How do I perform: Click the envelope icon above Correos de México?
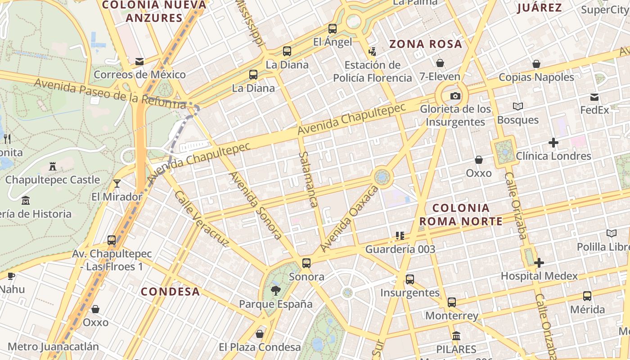click(x=139, y=61)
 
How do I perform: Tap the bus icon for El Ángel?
click(x=333, y=29)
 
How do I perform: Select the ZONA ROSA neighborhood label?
click(x=425, y=44)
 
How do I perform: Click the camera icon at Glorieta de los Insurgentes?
click(x=455, y=96)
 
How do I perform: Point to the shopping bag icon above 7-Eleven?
click(x=440, y=63)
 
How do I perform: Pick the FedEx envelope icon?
click(x=594, y=97)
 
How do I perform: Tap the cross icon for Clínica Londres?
click(x=553, y=143)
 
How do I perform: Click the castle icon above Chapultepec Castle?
click(x=53, y=166)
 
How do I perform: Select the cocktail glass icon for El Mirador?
click(x=117, y=183)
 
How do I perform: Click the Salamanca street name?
click(x=308, y=179)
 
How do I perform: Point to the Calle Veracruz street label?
click(x=201, y=219)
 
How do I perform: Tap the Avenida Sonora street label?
click(x=256, y=205)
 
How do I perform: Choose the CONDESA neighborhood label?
click(x=170, y=292)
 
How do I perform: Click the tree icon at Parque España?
click(x=275, y=291)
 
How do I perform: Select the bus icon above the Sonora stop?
click(x=306, y=263)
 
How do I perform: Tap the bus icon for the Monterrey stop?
click(x=452, y=302)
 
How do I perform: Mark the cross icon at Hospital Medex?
click(x=539, y=263)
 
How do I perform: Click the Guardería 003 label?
click(x=400, y=249)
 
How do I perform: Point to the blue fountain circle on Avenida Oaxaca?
click(x=382, y=177)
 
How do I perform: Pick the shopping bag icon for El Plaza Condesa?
click(x=260, y=334)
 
